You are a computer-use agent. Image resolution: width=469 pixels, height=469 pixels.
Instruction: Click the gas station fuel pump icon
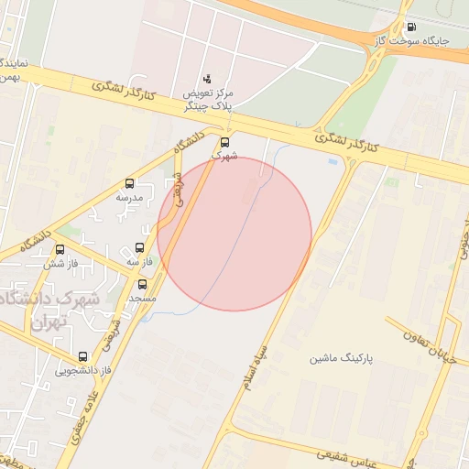pos(409,27)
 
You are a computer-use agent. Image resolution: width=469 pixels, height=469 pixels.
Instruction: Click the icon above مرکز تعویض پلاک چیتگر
pos(206,80)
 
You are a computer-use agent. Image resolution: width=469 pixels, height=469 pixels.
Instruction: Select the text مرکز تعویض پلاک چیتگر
pos(209,101)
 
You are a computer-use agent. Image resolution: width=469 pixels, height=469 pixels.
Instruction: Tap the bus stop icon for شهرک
pos(224,143)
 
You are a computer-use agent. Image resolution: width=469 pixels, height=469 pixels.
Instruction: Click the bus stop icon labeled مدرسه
pos(129,183)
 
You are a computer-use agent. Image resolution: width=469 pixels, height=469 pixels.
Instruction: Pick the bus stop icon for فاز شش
pos(60,249)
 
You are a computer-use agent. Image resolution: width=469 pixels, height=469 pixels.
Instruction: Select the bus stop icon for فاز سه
pos(139,248)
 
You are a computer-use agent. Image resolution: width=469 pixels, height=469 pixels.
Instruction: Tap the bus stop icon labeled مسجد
pos(142,284)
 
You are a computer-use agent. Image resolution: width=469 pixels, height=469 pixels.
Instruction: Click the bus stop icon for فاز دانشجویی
pos(83,356)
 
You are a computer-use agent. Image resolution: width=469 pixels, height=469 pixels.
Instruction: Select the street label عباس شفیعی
pos(345,455)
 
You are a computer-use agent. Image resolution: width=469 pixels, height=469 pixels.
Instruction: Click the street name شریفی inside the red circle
pos(180,188)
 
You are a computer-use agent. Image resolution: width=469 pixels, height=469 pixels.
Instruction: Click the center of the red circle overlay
pos(234,234)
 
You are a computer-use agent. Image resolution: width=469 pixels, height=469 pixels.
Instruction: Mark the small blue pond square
pos(332,162)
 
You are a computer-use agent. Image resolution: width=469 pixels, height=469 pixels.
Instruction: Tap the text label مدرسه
pos(129,198)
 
